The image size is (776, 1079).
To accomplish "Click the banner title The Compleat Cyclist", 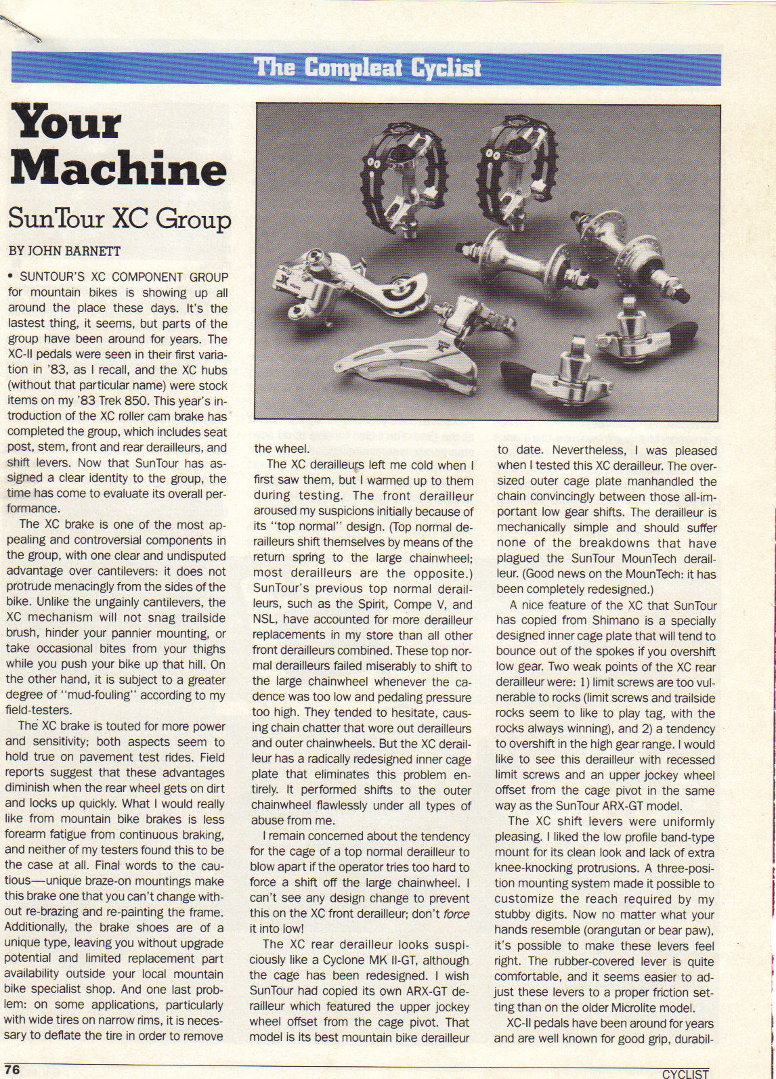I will pyautogui.click(x=368, y=68).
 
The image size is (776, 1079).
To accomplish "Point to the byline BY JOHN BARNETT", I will pyautogui.click(x=64, y=251).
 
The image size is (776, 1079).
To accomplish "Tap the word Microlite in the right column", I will pyautogui.click(x=634, y=1007).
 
